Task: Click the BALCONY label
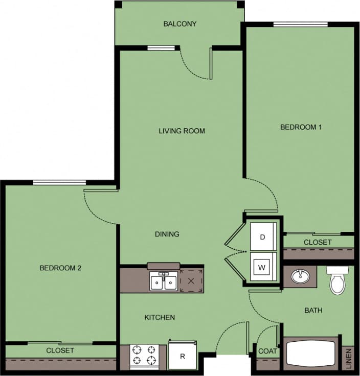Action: (179, 24)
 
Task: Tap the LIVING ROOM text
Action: (182, 131)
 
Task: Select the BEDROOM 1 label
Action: (301, 127)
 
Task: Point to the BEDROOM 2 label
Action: (61, 268)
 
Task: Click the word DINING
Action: (167, 234)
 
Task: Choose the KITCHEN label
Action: (160, 317)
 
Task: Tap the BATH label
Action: (313, 310)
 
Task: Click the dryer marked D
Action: (263, 237)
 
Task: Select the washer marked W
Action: (263, 267)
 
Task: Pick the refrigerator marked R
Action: (183, 356)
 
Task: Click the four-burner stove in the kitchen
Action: (144, 356)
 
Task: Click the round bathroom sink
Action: (300, 277)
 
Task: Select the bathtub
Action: (311, 353)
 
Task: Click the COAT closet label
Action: (267, 351)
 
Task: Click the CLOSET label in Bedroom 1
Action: (318, 242)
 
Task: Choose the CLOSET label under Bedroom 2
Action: (60, 350)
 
